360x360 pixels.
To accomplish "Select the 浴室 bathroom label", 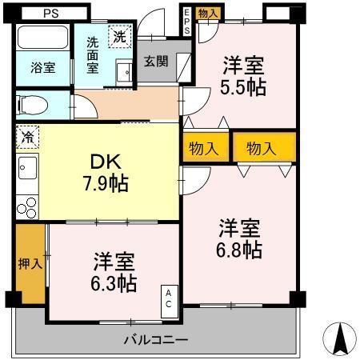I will point(43,68).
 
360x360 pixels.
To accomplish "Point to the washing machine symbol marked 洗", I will point(119,36).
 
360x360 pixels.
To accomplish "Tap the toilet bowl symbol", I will point(32,104).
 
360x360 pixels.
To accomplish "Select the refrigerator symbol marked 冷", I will point(27,137).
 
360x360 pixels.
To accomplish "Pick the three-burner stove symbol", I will point(26,206).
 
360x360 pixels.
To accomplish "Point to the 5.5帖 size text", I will point(243,87).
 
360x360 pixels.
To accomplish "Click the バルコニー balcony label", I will point(155,340).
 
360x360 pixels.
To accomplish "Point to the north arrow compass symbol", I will point(339,340).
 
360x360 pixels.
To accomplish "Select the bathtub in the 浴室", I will point(42,40).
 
